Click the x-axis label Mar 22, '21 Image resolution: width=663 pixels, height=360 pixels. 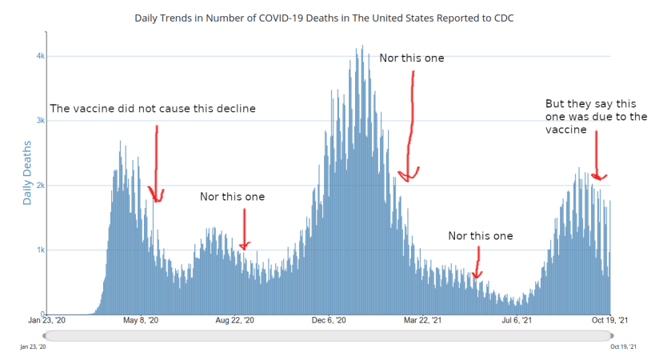coord(422,321)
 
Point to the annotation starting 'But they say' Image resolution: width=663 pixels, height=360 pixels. coord(596,116)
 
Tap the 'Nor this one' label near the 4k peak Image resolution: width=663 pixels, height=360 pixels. coord(411,58)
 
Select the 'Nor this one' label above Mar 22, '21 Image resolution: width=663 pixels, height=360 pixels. coord(480,236)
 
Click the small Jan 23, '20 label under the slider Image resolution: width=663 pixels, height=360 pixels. coord(33,346)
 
